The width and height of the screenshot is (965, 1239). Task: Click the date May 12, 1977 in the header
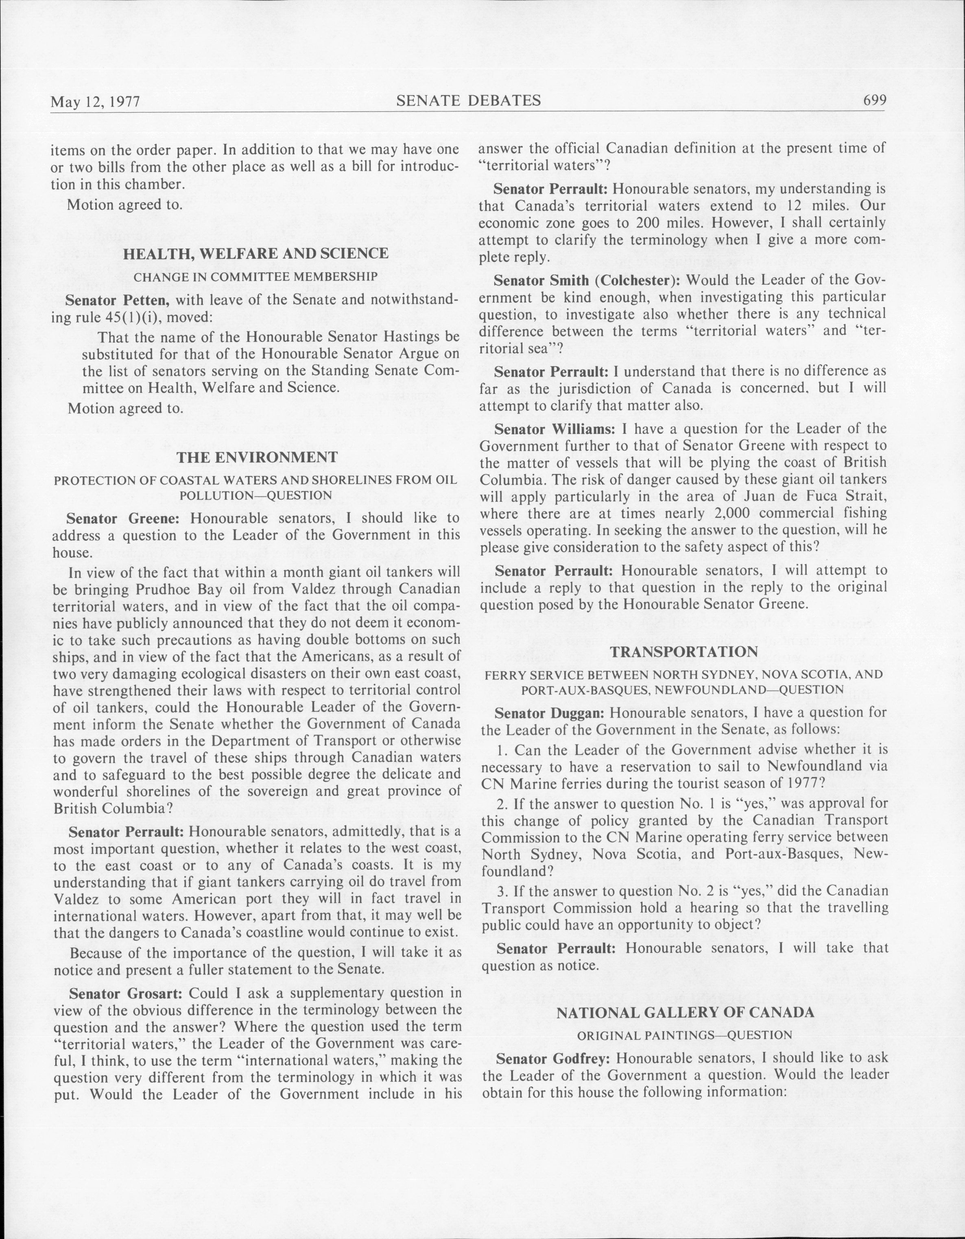(x=95, y=102)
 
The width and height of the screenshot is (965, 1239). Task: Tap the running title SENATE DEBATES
(x=468, y=101)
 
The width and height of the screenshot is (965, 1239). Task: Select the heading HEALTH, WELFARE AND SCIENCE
(x=256, y=254)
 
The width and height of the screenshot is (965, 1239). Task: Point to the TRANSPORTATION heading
(x=683, y=652)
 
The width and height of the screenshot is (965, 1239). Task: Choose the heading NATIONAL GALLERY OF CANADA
(x=685, y=1013)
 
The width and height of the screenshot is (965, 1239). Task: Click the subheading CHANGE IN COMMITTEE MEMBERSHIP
(x=255, y=276)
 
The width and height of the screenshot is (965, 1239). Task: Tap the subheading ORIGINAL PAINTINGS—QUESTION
(x=684, y=1035)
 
